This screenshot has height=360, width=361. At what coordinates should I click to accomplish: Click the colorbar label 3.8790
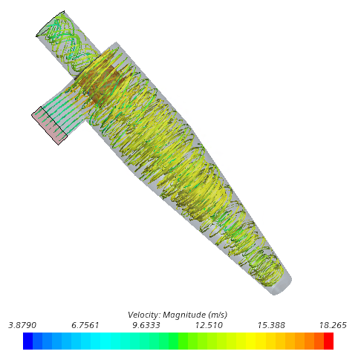click(22, 325)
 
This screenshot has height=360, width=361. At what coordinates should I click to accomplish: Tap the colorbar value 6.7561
click(85, 325)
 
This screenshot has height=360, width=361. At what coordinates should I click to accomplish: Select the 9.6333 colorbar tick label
click(146, 325)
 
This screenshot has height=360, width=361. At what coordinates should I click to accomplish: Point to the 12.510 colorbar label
click(209, 325)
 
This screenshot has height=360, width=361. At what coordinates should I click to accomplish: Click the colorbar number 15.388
click(271, 325)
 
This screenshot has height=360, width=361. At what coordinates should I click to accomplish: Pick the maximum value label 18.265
click(333, 325)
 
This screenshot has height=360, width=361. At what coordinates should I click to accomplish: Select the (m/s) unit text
click(218, 315)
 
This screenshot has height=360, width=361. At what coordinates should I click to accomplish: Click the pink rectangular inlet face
click(50, 125)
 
